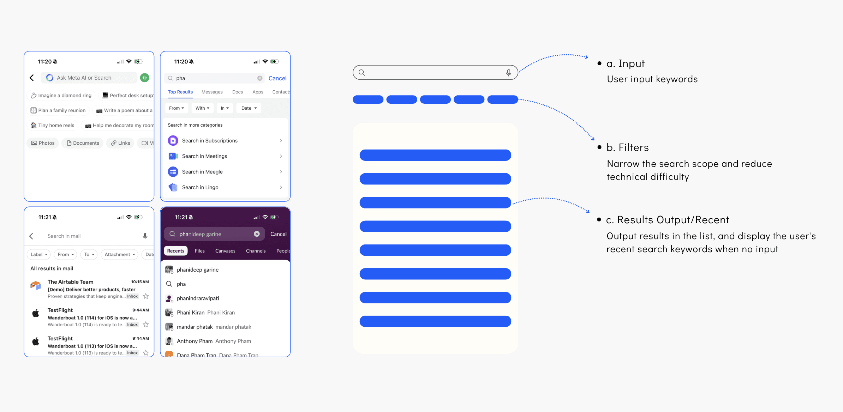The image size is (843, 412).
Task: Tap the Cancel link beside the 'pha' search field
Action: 277,78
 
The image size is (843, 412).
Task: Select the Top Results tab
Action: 180,92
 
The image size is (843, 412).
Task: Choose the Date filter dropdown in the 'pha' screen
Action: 249,108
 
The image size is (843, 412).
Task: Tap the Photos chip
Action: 43,143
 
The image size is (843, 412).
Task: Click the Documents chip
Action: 83,143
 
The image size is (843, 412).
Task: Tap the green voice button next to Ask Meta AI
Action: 144,78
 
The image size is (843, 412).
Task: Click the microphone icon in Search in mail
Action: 145,236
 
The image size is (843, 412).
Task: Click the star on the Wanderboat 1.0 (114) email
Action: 146,325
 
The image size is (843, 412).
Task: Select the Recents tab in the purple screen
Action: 175,251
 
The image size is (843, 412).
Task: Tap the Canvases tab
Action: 225,251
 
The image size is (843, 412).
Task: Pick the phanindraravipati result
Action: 198,298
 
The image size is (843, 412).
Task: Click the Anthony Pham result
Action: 195,341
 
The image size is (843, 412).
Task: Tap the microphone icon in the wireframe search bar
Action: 508,73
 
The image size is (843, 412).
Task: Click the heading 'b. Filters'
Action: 627,147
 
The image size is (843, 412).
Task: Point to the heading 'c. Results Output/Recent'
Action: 667,220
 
